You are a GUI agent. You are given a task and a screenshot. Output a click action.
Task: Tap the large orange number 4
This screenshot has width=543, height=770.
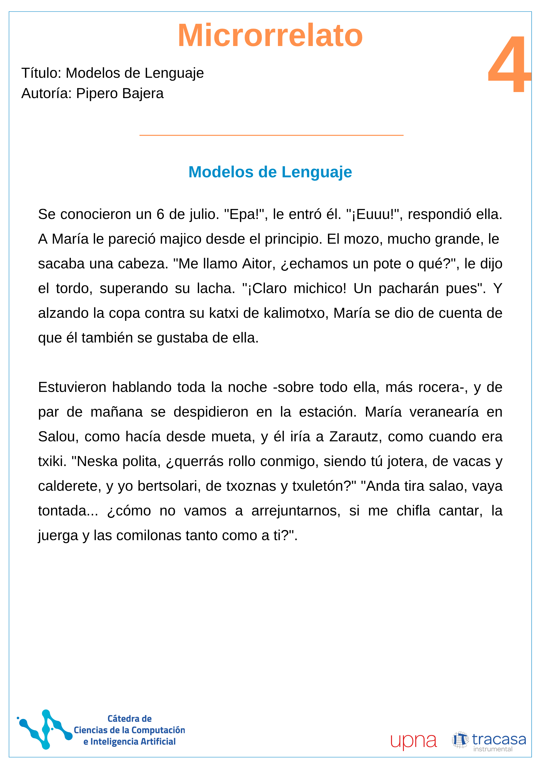pos(509,64)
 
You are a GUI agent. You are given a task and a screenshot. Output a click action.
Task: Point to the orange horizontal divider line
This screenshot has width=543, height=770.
pos(271,135)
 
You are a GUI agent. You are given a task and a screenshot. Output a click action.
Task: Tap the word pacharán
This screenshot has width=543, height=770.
pos(408,288)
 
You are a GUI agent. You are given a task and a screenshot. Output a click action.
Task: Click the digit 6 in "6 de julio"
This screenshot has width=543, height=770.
pos(160,215)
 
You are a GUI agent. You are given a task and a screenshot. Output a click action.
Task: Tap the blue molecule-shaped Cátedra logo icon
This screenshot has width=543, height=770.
pos(45,730)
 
